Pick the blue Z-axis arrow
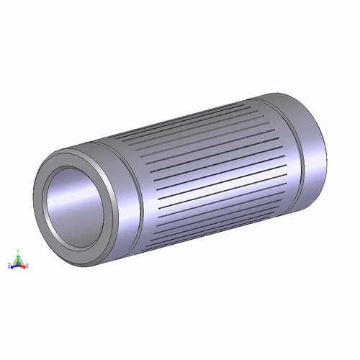point(14,266)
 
